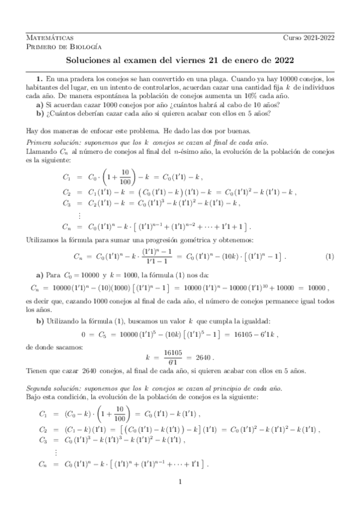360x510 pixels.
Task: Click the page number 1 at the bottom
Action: pyautogui.click(x=180, y=482)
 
